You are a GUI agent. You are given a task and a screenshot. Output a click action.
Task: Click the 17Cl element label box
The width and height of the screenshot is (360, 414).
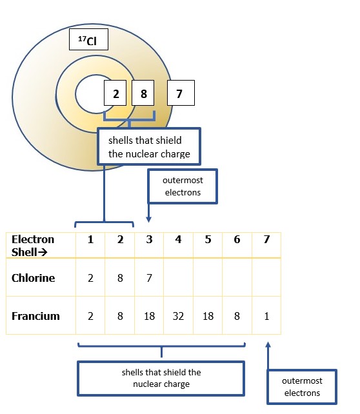click(88, 39)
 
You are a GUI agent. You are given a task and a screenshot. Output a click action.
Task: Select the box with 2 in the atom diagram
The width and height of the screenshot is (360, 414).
click(115, 93)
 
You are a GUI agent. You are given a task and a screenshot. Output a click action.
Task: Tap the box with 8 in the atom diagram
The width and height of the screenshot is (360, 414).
click(143, 93)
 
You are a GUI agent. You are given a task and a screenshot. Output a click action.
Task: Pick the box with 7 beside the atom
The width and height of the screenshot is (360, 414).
click(181, 93)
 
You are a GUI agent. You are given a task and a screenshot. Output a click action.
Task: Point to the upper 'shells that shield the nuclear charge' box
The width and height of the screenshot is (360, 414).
click(149, 146)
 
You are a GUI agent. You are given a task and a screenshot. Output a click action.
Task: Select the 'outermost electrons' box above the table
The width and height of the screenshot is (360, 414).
click(183, 186)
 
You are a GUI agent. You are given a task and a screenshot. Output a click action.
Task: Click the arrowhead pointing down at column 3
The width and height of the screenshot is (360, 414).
click(148, 219)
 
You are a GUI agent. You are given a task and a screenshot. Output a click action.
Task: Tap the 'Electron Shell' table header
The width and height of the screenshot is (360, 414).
click(33, 246)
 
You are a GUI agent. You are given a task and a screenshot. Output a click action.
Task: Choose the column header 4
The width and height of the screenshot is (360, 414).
click(178, 239)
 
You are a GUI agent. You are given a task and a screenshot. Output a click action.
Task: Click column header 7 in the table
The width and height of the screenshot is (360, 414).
click(266, 239)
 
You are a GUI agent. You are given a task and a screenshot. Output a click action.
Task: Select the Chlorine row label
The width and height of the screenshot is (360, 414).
click(34, 278)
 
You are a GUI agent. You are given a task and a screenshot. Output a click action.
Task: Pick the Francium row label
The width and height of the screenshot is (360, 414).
click(35, 316)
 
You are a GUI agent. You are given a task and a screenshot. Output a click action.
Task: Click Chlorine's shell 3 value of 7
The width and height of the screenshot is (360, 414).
click(149, 278)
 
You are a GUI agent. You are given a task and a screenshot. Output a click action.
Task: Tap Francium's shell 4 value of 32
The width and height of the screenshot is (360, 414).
click(178, 316)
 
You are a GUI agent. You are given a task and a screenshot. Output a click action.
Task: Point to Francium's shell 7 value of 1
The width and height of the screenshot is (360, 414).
click(266, 316)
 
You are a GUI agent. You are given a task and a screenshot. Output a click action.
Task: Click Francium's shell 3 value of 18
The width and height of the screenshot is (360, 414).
click(149, 316)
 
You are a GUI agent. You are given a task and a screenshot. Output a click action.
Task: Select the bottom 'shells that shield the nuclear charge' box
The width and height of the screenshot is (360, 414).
click(161, 379)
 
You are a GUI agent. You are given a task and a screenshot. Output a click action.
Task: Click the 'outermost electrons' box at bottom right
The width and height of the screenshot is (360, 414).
click(302, 387)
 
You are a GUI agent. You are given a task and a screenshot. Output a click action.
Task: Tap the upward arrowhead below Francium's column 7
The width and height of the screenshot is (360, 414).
click(268, 345)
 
